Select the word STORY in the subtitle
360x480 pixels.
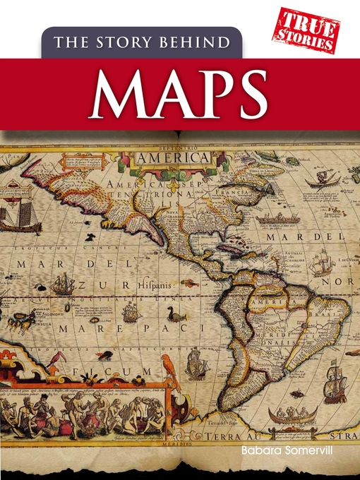(x=131, y=42)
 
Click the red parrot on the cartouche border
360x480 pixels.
(x=169, y=372)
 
